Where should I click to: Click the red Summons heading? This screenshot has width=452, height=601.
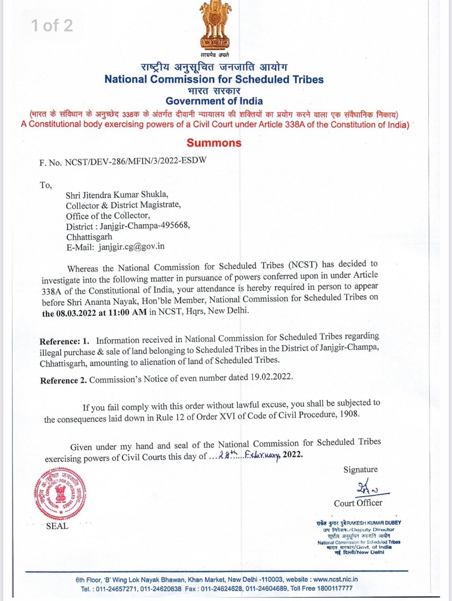(x=214, y=143)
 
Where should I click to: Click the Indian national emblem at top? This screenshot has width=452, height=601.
(x=215, y=25)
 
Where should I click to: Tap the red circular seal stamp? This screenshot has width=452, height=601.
(x=60, y=494)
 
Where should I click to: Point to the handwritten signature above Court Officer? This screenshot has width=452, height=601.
(x=369, y=488)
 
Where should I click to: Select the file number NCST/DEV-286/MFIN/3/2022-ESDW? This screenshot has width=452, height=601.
(x=135, y=161)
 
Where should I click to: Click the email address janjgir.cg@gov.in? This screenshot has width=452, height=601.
(x=131, y=247)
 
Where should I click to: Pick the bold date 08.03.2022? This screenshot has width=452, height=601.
(x=76, y=313)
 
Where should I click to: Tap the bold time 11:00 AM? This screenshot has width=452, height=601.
(x=127, y=312)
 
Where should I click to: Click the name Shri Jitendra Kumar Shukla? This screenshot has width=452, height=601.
(x=117, y=195)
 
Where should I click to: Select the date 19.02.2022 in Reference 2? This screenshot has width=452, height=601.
(x=271, y=377)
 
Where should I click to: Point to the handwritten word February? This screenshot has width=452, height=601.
(x=262, y=455)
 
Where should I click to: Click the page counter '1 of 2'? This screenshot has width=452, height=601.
(x=52, y=26)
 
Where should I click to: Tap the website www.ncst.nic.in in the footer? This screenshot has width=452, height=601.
(x=335, y=579)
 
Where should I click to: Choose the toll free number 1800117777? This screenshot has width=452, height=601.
(x=335, y=588)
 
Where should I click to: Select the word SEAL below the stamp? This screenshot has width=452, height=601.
(x=57, y=526)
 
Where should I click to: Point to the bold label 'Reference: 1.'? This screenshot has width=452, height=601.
(x=64, y=341)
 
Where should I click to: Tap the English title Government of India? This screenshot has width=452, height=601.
(x=214, y=101)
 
